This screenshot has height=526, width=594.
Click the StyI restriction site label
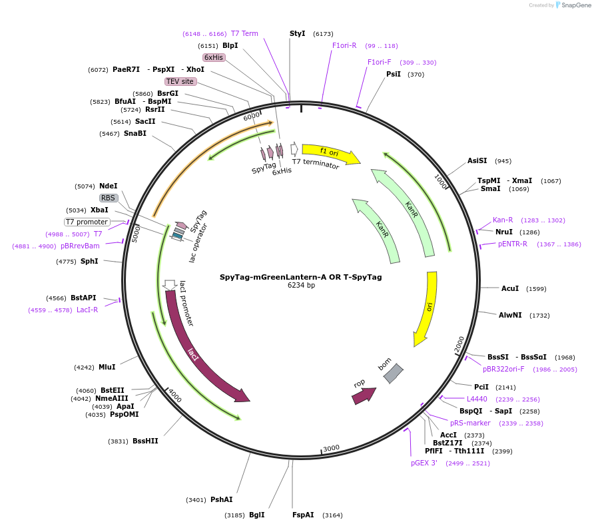point(297,33)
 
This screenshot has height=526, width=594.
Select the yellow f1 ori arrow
point(330,153)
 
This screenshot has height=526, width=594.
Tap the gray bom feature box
point(393,374)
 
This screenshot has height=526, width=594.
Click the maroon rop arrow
point(364,395)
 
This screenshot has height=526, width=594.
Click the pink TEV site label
point(180,81)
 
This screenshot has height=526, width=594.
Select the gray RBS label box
point(109,198)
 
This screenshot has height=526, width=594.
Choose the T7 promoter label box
point(87,222)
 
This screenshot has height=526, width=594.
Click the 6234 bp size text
point(301,285)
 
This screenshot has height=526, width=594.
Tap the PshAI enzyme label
point(222,499)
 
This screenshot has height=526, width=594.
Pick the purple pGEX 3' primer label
point(424,463)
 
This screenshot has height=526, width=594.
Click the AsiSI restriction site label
point(477,160)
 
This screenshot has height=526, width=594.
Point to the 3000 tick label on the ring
point(331,448)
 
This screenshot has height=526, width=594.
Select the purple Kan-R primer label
point(503,220)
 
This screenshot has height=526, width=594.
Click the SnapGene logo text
point(575,5)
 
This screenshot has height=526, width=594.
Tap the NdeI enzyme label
point(109,186)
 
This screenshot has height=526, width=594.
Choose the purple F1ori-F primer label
point(379,62)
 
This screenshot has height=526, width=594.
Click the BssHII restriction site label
point(145,441)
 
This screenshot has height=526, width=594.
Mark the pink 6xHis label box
point(214,57)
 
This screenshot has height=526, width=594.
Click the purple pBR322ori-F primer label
point(503,369)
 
